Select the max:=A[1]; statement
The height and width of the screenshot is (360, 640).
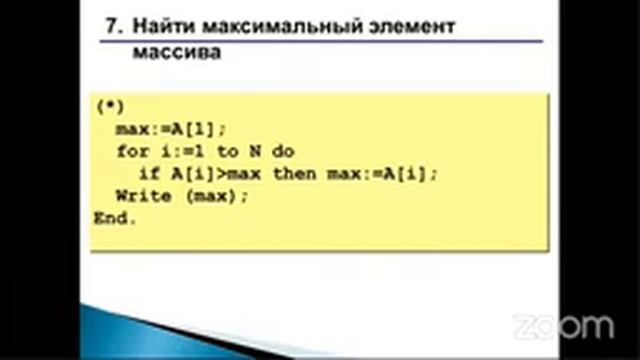point(171,130)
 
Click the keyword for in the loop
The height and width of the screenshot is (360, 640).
point(131,152)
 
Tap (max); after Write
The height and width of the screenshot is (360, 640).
point(215,196)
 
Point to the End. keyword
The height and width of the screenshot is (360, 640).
point(113,218)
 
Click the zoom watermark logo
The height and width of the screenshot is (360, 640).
point(563,326)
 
